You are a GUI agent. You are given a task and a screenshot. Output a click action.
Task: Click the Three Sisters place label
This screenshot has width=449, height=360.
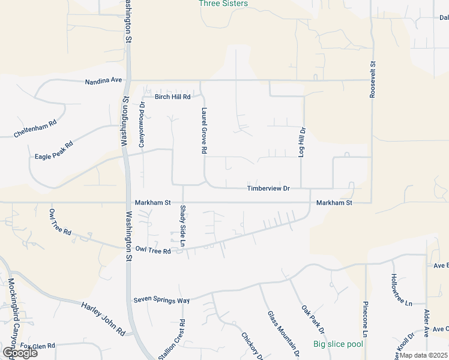pos(223,4)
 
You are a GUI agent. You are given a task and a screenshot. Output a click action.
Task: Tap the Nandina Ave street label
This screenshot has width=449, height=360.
pos(103,80)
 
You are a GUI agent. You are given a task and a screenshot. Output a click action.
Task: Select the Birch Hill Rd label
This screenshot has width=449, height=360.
pos(172,97)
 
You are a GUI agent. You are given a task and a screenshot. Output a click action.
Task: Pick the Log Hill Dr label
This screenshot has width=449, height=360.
pos(303,142)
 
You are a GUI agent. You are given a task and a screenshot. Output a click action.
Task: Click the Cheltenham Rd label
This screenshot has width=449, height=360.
pos(35,129)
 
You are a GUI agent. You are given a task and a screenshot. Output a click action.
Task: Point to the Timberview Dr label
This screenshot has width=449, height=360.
pos(268,188)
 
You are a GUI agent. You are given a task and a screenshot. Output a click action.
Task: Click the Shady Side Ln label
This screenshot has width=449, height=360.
pos(182,226)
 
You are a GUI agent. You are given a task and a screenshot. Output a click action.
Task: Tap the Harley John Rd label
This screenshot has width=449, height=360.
pos(103,319)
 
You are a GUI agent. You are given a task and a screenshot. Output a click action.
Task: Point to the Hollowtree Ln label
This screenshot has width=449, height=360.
pos(402,290)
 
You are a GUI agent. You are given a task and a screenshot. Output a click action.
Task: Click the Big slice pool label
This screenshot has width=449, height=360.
pos(338,344)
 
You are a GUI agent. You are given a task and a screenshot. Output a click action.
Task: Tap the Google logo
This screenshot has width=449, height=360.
pos(19,353)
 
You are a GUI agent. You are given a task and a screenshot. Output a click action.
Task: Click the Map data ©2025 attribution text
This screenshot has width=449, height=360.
pos(423,355)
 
